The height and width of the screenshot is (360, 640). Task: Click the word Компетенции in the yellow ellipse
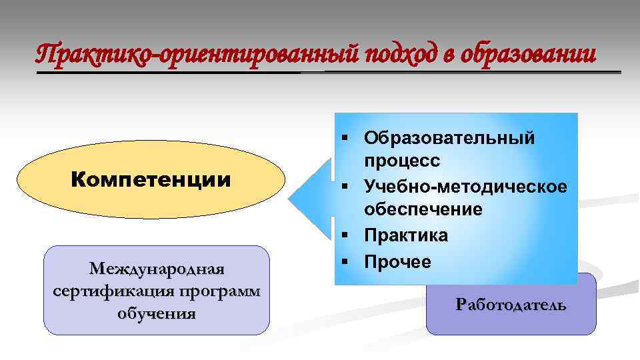[x=151, y=181]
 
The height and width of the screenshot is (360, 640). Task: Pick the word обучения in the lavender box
[x=157, y=313]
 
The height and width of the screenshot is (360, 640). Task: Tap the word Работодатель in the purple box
[x=511, y=305]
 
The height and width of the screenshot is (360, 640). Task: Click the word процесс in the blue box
[x=402, y=161]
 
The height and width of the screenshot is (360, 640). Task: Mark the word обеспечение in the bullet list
[x=423, y=210]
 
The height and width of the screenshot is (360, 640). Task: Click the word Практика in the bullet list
[x=406, y=235]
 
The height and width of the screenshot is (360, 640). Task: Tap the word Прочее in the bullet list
[x=398, y=261]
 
